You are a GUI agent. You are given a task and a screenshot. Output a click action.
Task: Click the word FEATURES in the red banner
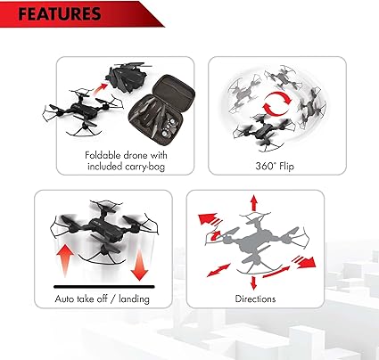tap(59, 14)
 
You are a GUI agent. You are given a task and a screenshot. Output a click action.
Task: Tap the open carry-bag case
tap(161, 110)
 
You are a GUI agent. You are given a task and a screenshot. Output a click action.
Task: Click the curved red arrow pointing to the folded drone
tap(100, 89)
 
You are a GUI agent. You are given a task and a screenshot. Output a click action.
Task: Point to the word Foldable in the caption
tap(103, 155)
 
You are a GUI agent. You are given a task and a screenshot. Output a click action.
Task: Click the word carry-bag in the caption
tap(144, 167)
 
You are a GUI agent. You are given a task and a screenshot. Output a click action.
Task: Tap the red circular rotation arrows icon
tap(277, 103)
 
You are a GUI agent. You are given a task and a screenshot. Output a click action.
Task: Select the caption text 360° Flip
tap(275, 166)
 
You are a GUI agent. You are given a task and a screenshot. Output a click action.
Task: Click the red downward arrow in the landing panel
tap(139, 266)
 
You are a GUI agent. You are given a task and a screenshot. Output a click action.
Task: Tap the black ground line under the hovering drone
tap(104, 287)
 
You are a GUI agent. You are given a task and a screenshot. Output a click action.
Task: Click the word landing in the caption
tap(134, 299)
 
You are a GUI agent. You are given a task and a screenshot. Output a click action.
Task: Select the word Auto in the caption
tap(64, 299)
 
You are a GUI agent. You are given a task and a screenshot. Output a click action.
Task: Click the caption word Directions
tap(255, 299)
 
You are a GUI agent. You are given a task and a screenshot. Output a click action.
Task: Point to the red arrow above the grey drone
tap(253, 203)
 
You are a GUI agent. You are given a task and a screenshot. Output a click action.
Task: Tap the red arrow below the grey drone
tap(253, 282)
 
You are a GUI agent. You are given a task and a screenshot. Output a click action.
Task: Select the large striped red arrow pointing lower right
tap(303, 261)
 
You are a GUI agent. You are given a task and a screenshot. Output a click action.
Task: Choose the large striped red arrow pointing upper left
tap(210, 219)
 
